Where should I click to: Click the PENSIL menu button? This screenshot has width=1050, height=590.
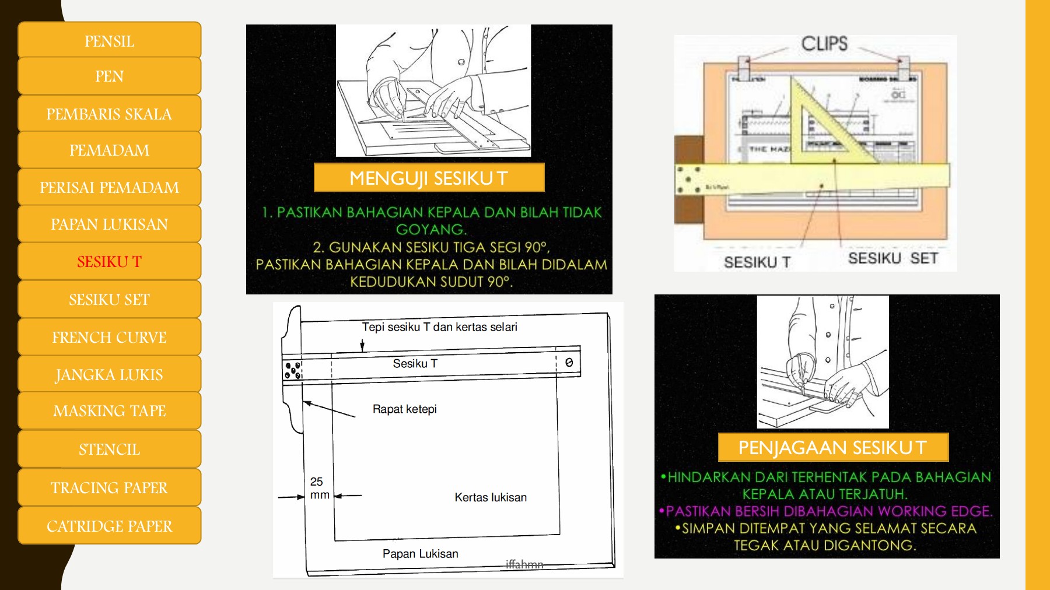[109, 41]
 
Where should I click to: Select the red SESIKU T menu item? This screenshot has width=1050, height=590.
[109, 262]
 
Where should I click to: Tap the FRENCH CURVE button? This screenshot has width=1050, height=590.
[109, 338]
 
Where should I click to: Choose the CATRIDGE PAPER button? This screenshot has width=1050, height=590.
[109, 526]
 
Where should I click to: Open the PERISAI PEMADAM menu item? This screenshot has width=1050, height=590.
[109, 188]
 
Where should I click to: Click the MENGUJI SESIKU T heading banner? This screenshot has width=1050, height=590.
[429, 178]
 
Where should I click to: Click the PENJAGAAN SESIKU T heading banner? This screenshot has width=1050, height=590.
[832, 447]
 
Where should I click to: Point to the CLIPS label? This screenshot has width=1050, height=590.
[824, 44]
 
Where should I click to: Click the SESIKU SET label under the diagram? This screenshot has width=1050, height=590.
[892, 258]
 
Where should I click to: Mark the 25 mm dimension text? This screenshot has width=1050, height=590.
[319, 488]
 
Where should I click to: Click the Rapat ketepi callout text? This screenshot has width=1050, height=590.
[404, 409]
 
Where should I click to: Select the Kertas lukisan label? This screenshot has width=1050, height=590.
[490, 497]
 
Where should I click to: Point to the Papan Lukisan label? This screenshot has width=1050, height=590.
[420, 554]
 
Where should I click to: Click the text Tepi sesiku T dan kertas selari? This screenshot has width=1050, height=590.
[439, 327]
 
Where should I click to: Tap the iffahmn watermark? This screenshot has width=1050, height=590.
[524, 564]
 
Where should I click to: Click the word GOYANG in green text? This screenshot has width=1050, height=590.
[430, 230]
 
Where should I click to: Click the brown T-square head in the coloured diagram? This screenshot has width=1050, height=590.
[688, 179]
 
